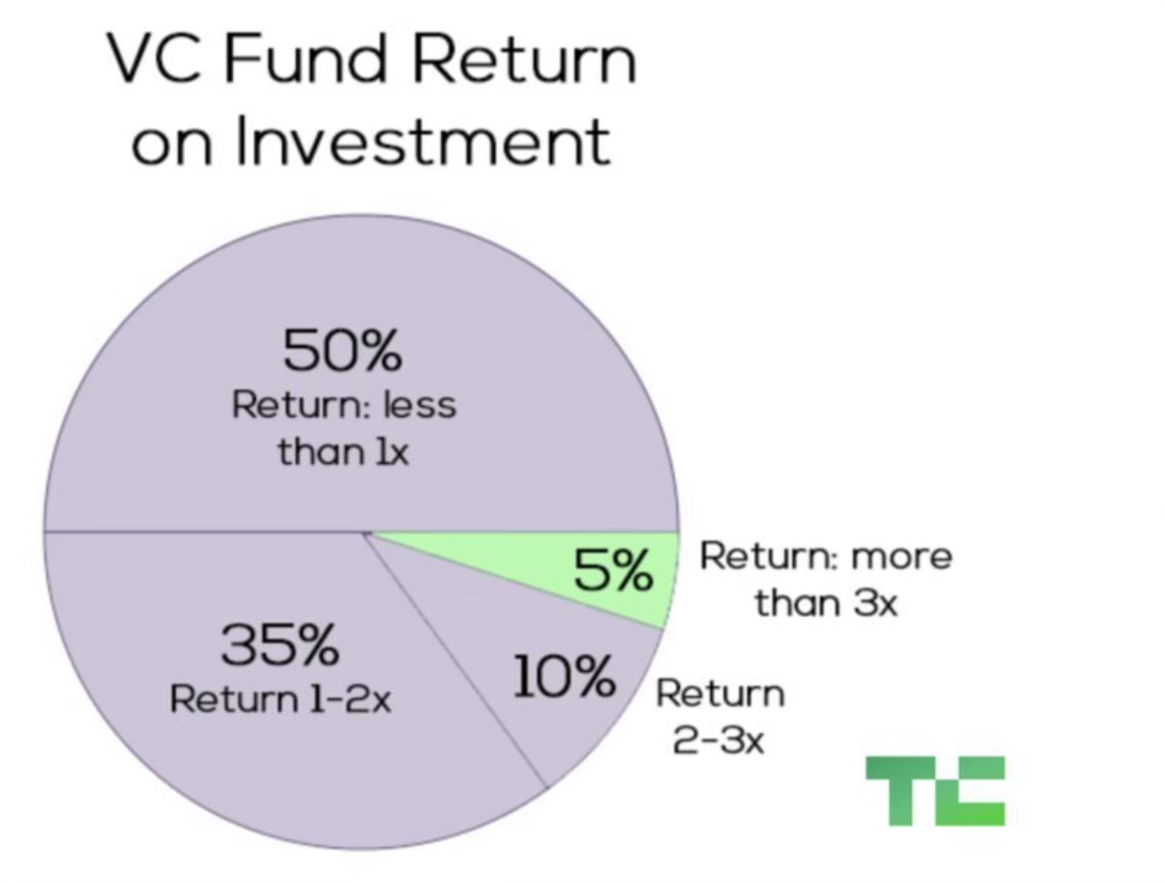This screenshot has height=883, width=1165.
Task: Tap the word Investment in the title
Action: (x=423, y=141)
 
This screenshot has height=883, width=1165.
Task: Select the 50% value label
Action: (x=342, y=350)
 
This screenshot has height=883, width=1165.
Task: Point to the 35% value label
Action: (x=280, y=645)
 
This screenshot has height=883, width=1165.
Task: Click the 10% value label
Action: (x=564, y=677)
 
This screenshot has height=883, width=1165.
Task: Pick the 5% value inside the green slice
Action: (x=613, y=570)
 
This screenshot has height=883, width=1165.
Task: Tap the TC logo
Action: (x=935, y=790)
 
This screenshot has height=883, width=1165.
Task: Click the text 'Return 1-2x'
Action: (x=280, y=699)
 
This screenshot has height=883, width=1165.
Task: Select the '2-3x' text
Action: (x=719, y=741)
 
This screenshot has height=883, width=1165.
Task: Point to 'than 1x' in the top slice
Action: (x=344, y=452)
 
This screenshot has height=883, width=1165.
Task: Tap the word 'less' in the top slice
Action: (x=420, y=405)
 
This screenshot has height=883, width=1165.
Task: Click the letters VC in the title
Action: (x=154, y=59)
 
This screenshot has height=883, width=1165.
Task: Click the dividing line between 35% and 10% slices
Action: (x=455, y=659)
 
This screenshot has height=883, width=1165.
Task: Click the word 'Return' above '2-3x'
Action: (x=720, y=695)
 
